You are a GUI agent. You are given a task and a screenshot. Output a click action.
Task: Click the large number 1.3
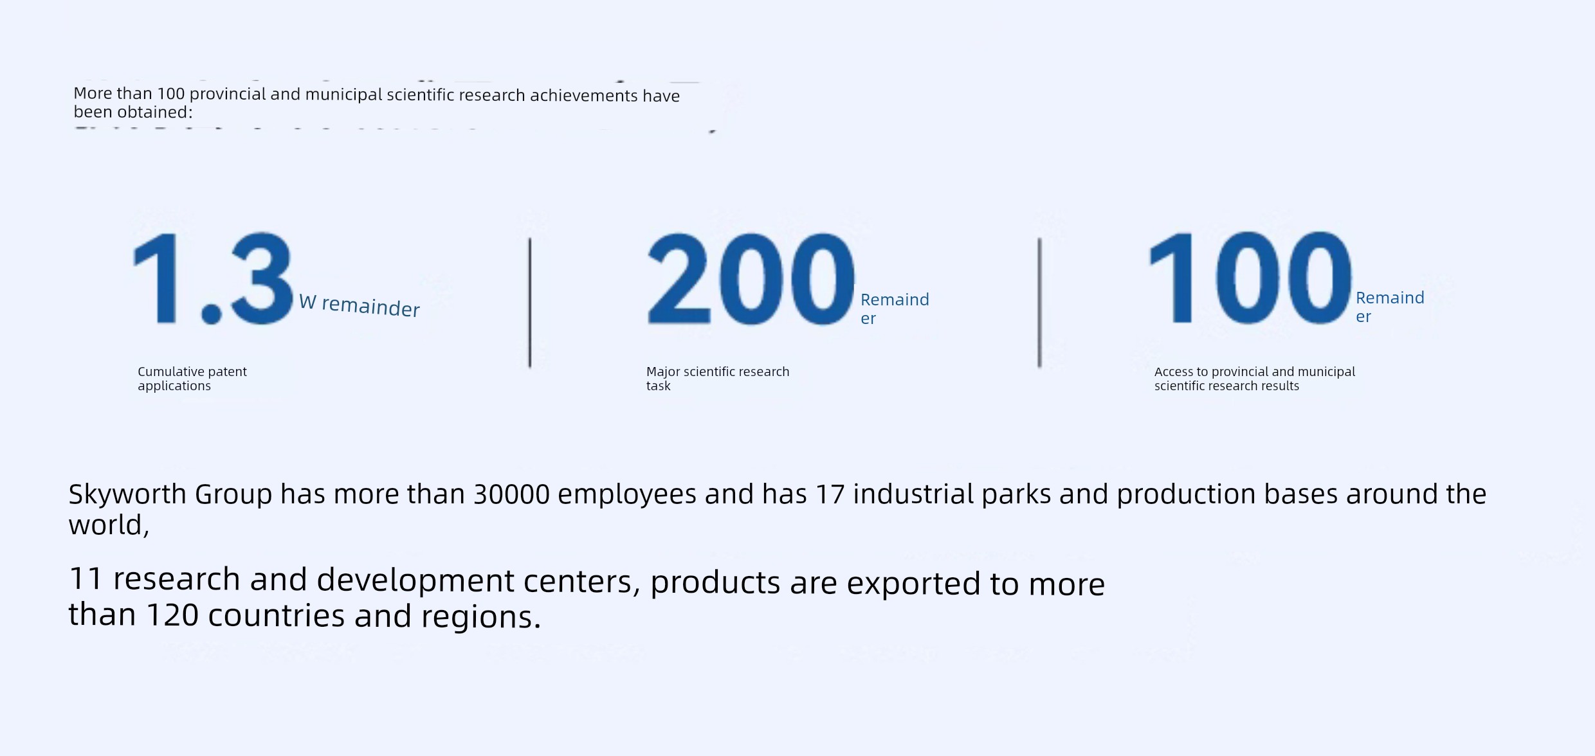[212, 279]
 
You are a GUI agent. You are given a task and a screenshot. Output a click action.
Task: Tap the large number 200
[751, 279]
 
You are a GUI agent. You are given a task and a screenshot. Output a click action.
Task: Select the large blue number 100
[1250, 278]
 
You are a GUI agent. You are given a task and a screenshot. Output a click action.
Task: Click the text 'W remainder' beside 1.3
[360, 305]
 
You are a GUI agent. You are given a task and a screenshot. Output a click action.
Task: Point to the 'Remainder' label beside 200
[895, 309]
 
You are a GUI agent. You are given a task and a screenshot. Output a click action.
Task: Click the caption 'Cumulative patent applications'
[192, 379]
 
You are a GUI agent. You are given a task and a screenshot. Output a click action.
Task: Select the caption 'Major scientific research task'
[718, 379]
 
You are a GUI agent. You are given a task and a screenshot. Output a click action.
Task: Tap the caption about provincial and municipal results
[1255, 379]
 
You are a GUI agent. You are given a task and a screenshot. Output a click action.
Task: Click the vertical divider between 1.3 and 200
[530, 303]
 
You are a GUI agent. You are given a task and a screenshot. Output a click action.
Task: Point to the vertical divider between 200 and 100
[1039, 303]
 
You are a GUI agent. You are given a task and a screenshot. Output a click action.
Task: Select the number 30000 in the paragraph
[511, 494]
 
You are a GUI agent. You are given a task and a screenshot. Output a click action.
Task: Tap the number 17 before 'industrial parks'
[830, 494]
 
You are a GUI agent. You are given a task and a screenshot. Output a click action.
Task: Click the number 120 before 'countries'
[172, 615]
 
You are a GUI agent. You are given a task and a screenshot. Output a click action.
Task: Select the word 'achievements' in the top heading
[583, 95]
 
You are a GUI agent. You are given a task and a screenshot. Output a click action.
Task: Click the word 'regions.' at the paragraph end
[481, 617]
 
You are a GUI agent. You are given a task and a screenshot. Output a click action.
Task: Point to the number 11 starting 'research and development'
[86, 579]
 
